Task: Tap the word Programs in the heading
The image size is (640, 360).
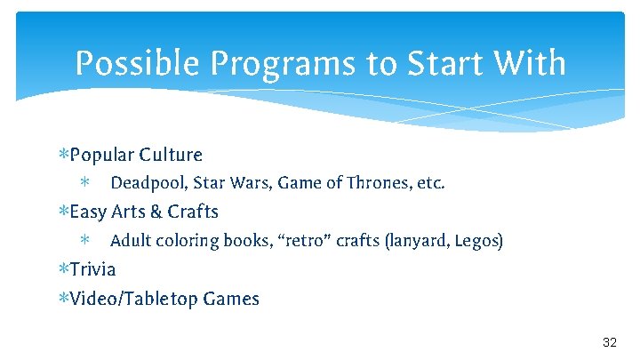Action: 262,64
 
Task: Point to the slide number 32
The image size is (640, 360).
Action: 610,343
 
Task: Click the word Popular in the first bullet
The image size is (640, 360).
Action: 101,156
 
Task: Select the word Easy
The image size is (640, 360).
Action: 87,212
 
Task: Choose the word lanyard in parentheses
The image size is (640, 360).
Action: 417,241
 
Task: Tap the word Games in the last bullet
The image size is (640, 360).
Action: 231,299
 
